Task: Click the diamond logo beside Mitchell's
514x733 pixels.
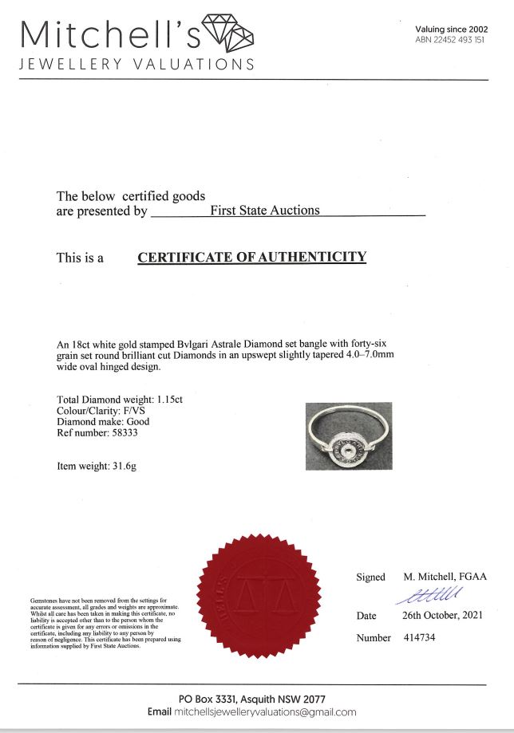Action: pyautogui.click(x=229, y=33)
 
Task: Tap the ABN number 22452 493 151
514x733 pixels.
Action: pyautogui.click(x=450, y=40)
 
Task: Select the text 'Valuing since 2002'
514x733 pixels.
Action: pyautogui.click(x=451, y=30)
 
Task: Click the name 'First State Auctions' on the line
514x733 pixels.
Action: pyautogui.click(x=264, y=211)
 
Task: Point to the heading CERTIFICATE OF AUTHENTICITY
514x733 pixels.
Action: pyautogui.click(x=252, y=258)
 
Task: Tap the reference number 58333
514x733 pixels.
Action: pyautogui.click(x=129, y=433)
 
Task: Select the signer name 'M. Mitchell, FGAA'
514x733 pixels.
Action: pyautogui.click(x=445, y=577)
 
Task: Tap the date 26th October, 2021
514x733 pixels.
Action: pyautogui.click(x=442, y=616)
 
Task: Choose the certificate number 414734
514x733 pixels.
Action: pyautogui.click(x=419, y=637)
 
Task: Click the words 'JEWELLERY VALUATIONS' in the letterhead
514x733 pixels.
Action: pyautogui.click(x=136, y=64)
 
